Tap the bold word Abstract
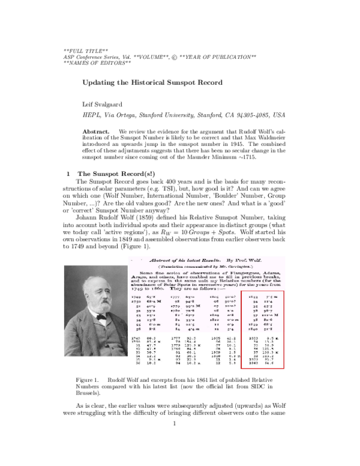click(95, 131)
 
